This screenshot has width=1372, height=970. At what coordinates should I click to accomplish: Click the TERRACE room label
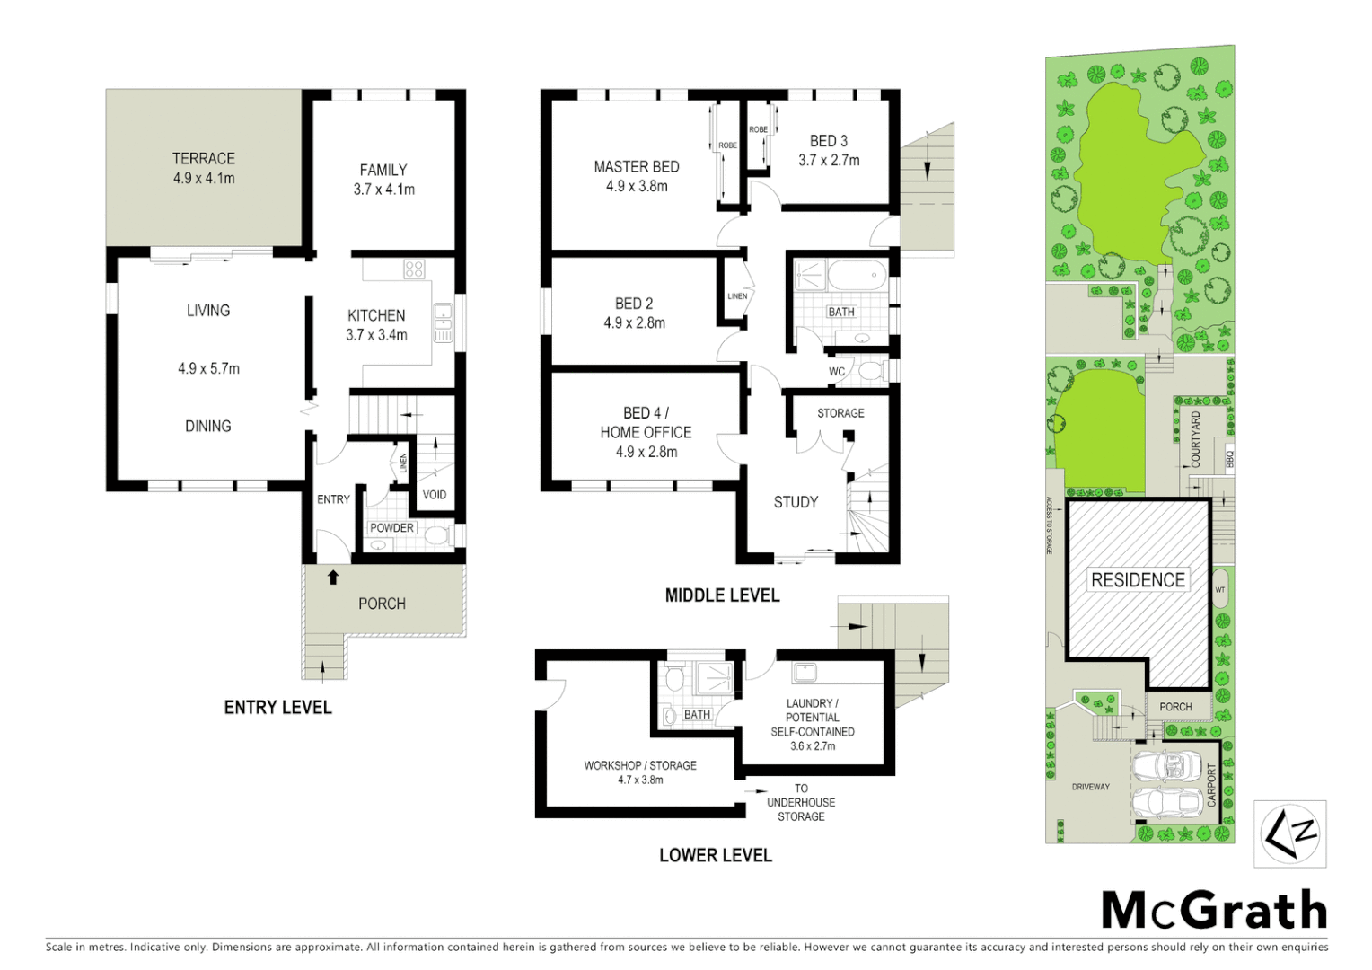(204, 158)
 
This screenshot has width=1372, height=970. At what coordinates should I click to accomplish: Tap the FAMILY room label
(383, 170)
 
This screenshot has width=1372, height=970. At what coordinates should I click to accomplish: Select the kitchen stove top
(414, 269)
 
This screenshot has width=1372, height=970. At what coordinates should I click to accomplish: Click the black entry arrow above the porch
(333, 578)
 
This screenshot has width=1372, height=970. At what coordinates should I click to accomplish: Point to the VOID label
(435, 495)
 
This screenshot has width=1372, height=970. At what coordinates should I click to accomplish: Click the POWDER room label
(392, 528)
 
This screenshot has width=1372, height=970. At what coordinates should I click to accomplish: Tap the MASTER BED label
(637, 167)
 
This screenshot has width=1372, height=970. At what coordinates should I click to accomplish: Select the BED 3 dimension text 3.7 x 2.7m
(829, 161)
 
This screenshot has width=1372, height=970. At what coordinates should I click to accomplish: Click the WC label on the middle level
(837, 372)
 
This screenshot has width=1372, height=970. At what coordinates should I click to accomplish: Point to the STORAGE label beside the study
(840, 413)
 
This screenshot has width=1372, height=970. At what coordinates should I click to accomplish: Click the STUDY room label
(796, 502)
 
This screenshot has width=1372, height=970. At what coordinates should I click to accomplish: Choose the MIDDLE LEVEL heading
(722, 595)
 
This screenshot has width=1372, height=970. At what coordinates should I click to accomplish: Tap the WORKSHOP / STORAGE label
(640, 765)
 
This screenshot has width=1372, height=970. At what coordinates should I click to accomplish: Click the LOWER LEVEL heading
(716, 855)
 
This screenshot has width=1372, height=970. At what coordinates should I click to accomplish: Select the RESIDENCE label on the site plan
(1138, 580)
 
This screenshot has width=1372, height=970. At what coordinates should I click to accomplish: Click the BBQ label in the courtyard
(1230, 458)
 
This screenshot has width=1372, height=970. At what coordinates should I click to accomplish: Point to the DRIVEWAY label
(1091, 787)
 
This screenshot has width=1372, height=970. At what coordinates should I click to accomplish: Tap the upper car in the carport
(1167, 766)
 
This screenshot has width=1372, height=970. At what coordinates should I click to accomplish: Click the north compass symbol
(1290, 834)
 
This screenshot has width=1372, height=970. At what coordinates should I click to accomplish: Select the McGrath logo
(1214, 911)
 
